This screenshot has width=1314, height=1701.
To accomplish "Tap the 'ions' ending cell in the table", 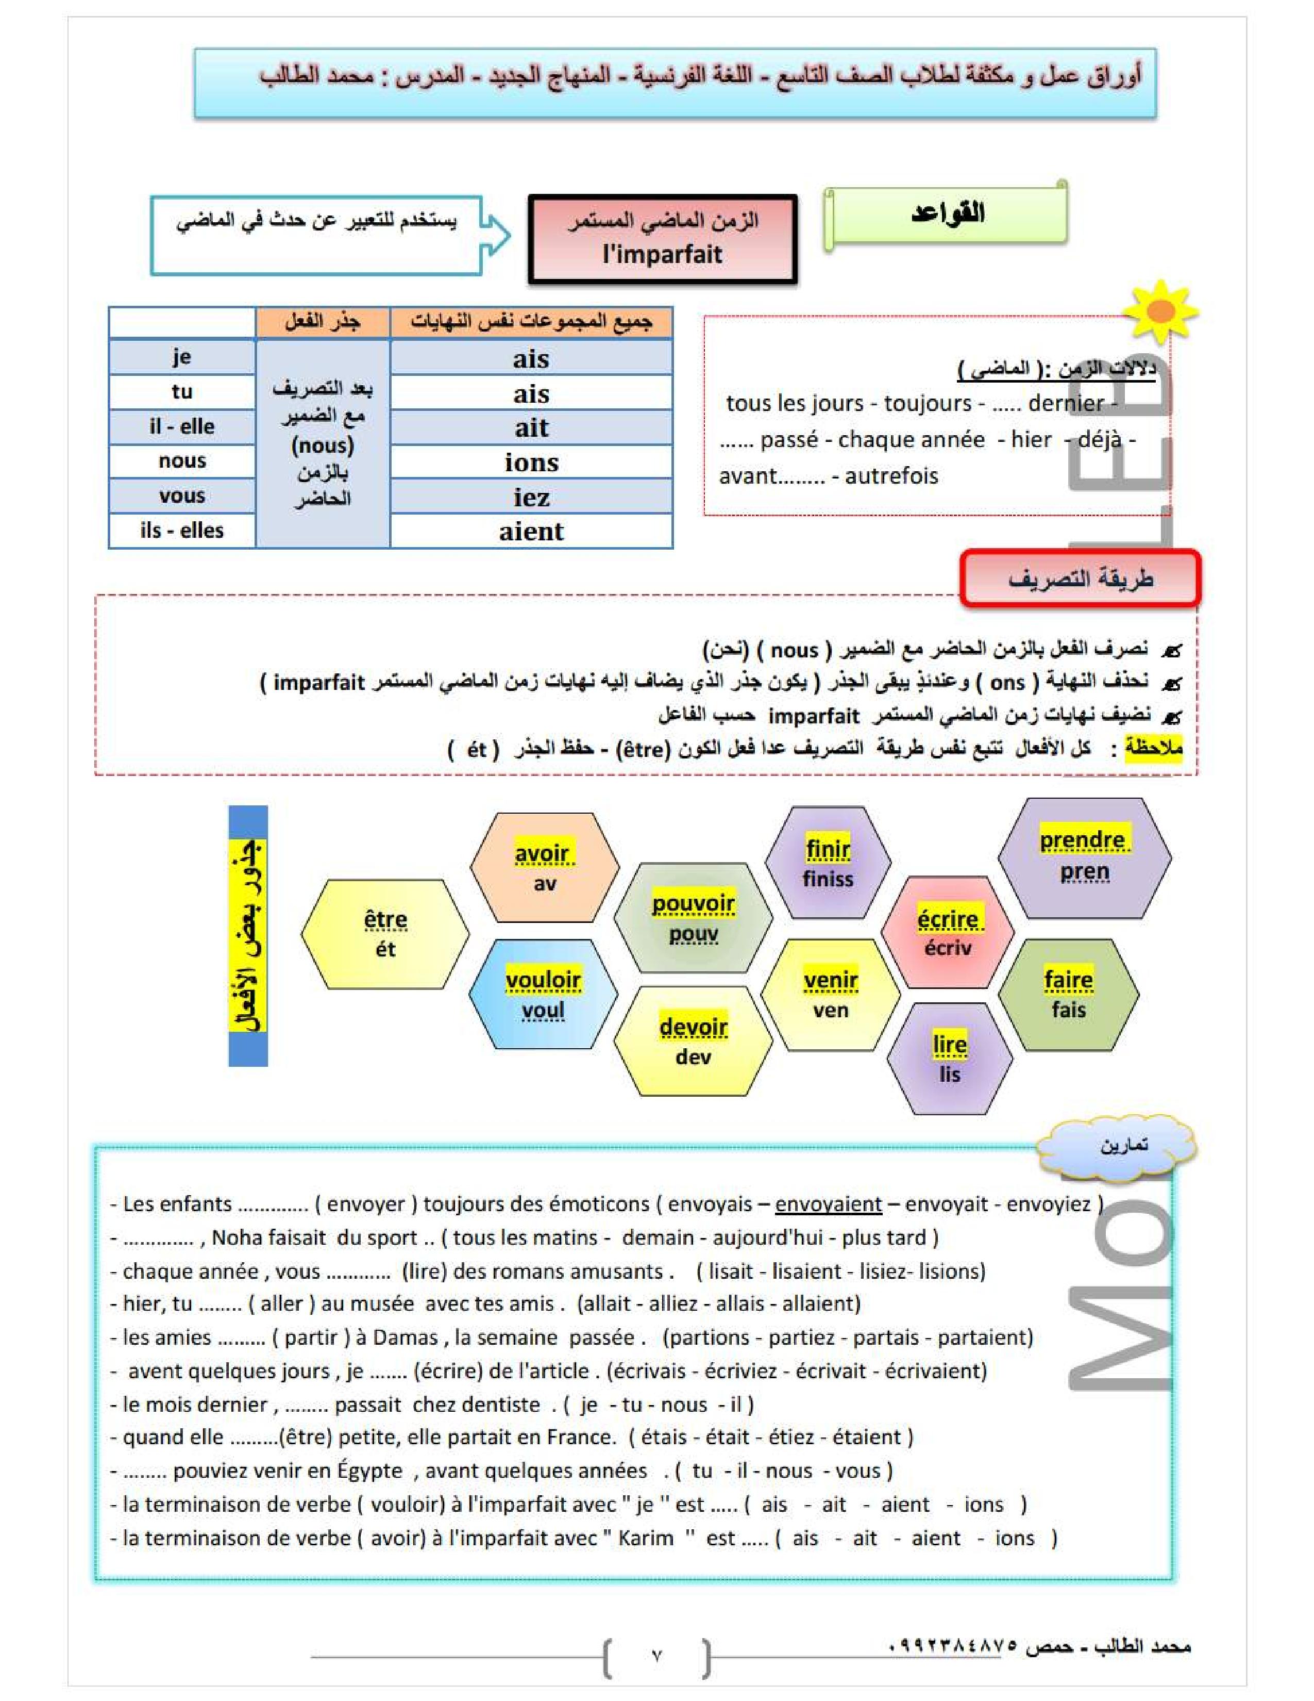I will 531,463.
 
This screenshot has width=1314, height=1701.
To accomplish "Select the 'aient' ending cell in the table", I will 531,532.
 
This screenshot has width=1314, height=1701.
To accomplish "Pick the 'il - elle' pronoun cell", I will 182,427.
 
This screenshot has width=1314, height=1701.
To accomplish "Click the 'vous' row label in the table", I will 182,496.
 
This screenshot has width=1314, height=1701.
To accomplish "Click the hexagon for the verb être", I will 385,934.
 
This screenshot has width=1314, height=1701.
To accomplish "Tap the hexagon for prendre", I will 1084,856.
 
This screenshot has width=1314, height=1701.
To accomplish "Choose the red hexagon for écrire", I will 947,932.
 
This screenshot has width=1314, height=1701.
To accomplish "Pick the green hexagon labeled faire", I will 1068,995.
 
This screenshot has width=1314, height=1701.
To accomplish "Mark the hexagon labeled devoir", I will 693,1042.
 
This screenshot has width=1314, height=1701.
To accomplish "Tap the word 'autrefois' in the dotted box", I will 891,476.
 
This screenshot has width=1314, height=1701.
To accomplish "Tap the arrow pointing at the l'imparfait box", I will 496,235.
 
